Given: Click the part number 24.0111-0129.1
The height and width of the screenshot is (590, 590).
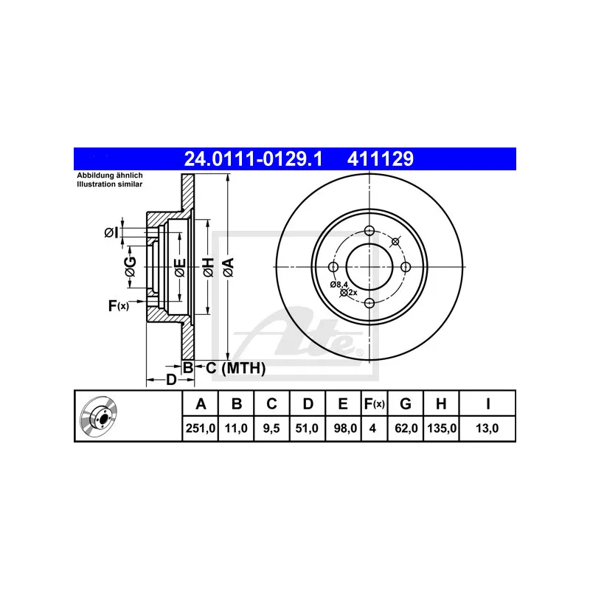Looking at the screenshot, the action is (x=253, y=159).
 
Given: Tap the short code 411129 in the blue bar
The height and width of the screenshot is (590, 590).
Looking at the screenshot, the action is (x=380, y=159).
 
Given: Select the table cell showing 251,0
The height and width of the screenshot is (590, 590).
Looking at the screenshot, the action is (x=200, y=428).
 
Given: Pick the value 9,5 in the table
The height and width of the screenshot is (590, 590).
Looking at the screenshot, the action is (x=271, y=428).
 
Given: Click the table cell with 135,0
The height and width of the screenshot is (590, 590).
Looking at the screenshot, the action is (x=442, y=428).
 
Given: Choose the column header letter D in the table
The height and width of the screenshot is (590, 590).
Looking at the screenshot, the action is (x=308, y=403).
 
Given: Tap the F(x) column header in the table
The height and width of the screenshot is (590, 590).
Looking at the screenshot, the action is (x=374, y=403).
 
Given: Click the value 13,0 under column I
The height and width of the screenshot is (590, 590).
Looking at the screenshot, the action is (x=487, y=428).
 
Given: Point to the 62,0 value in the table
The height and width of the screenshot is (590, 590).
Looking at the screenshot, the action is (x=406, y=428).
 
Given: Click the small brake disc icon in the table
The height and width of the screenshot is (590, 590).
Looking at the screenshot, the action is (x=99, y=416).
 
